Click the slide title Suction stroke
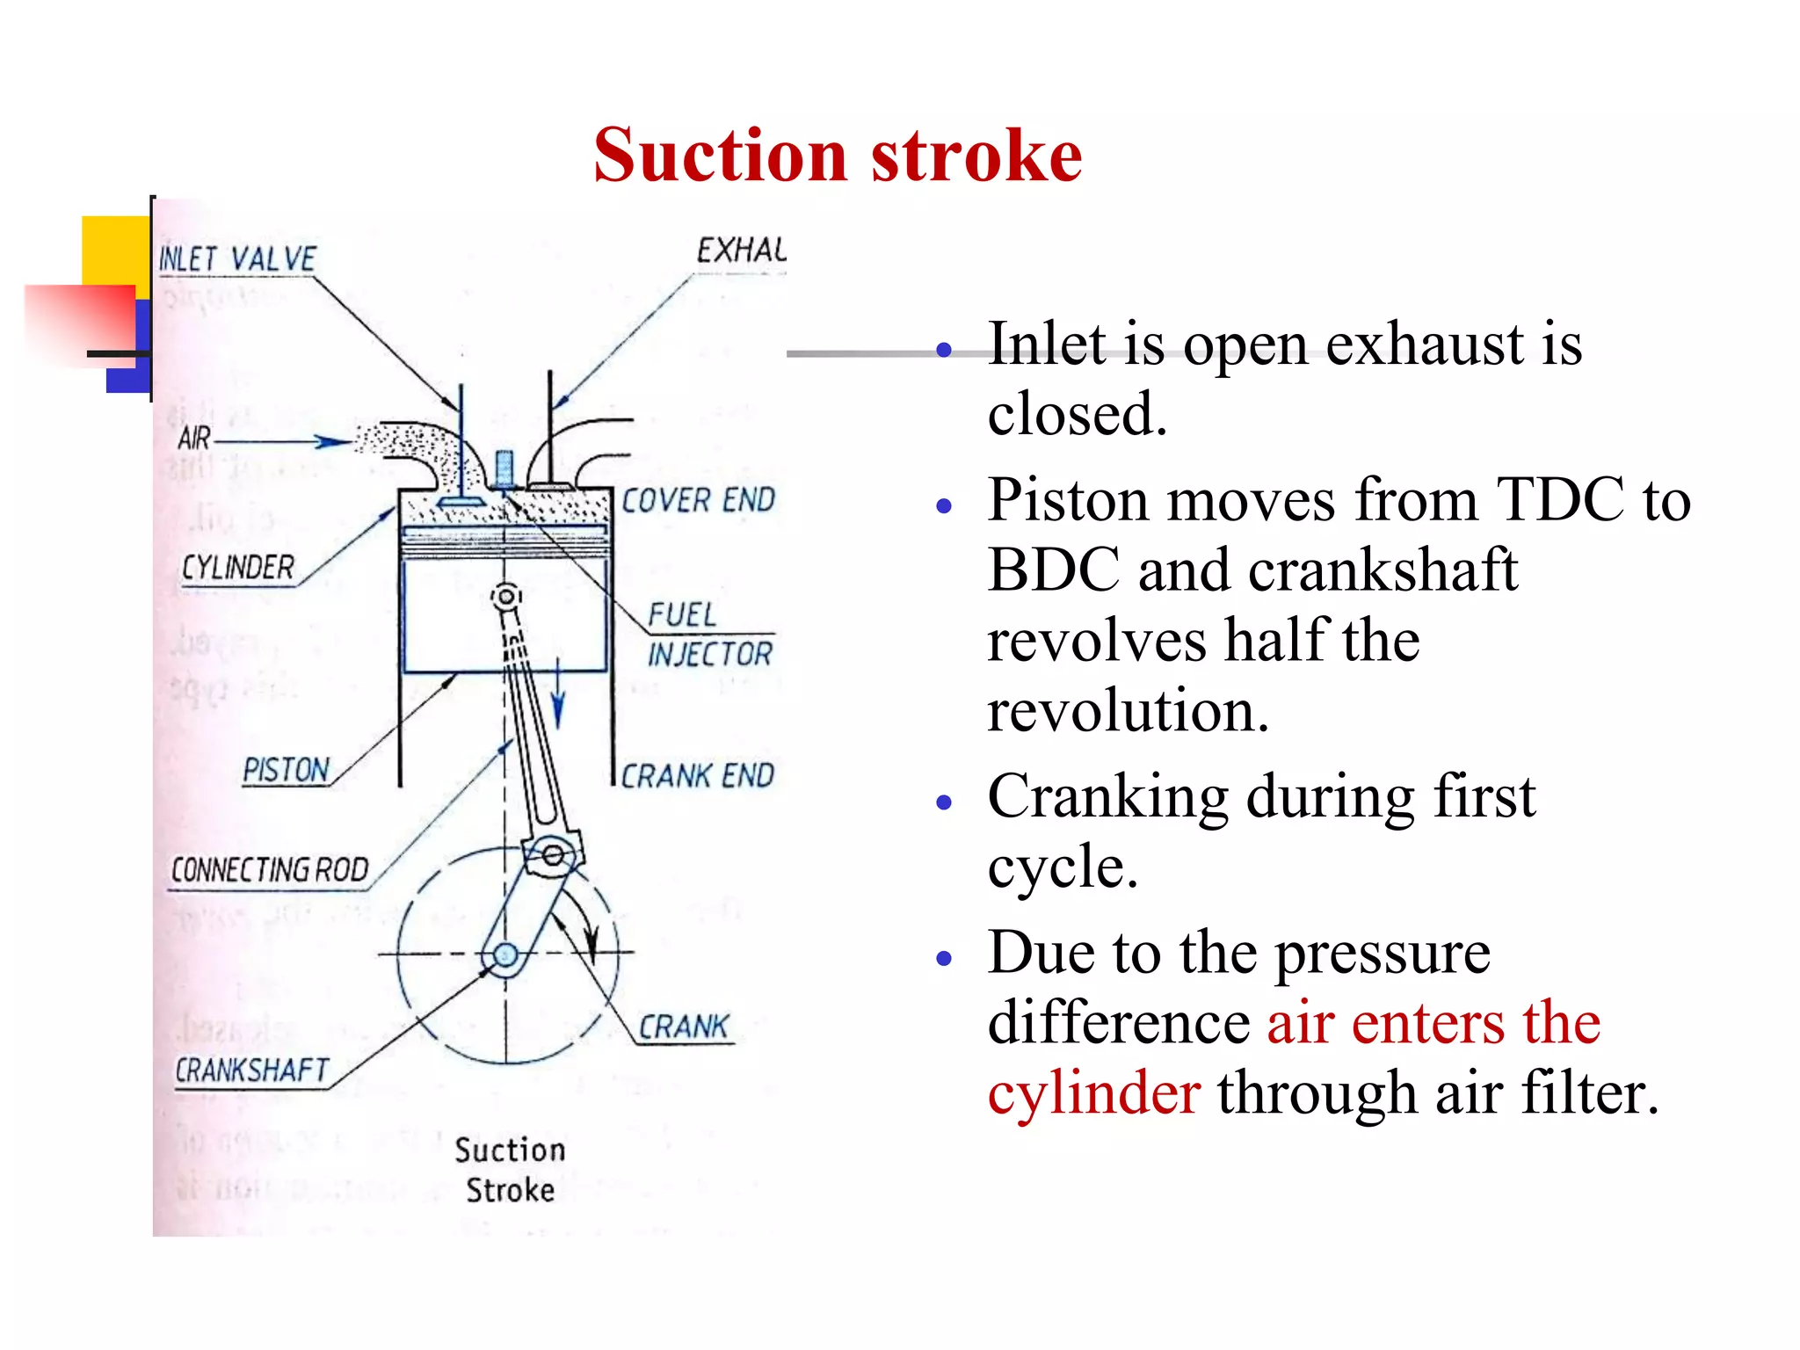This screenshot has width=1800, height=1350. coord(837,156)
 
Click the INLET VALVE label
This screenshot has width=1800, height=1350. coord(237,259)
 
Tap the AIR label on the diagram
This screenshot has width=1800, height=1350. coord(194,438)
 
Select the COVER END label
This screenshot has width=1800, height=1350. coord(698,500)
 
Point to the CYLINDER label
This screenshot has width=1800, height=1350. coord(237,568)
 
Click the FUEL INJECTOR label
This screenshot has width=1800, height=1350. coord(708,635)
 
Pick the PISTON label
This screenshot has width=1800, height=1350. coord(286,771)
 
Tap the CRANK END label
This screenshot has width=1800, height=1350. coord(697,776)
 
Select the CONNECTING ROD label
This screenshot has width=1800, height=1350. coord(269,870)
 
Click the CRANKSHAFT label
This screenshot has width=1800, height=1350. coord(251,1071)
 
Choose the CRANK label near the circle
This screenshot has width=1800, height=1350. coord(684,1027)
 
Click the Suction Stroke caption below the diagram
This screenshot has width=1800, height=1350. coord(510,1170)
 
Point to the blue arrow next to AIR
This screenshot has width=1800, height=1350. coord(332,441)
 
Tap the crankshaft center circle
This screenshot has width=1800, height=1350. coord(505,954)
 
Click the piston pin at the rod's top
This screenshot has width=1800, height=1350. coord(505,597)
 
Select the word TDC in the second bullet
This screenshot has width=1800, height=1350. coord(1560,500)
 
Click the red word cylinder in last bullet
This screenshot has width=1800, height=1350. coord(1093,1093)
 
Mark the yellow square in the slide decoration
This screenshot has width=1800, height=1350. coord(114,250)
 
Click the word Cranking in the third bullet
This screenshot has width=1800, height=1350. coord(1107,797)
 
